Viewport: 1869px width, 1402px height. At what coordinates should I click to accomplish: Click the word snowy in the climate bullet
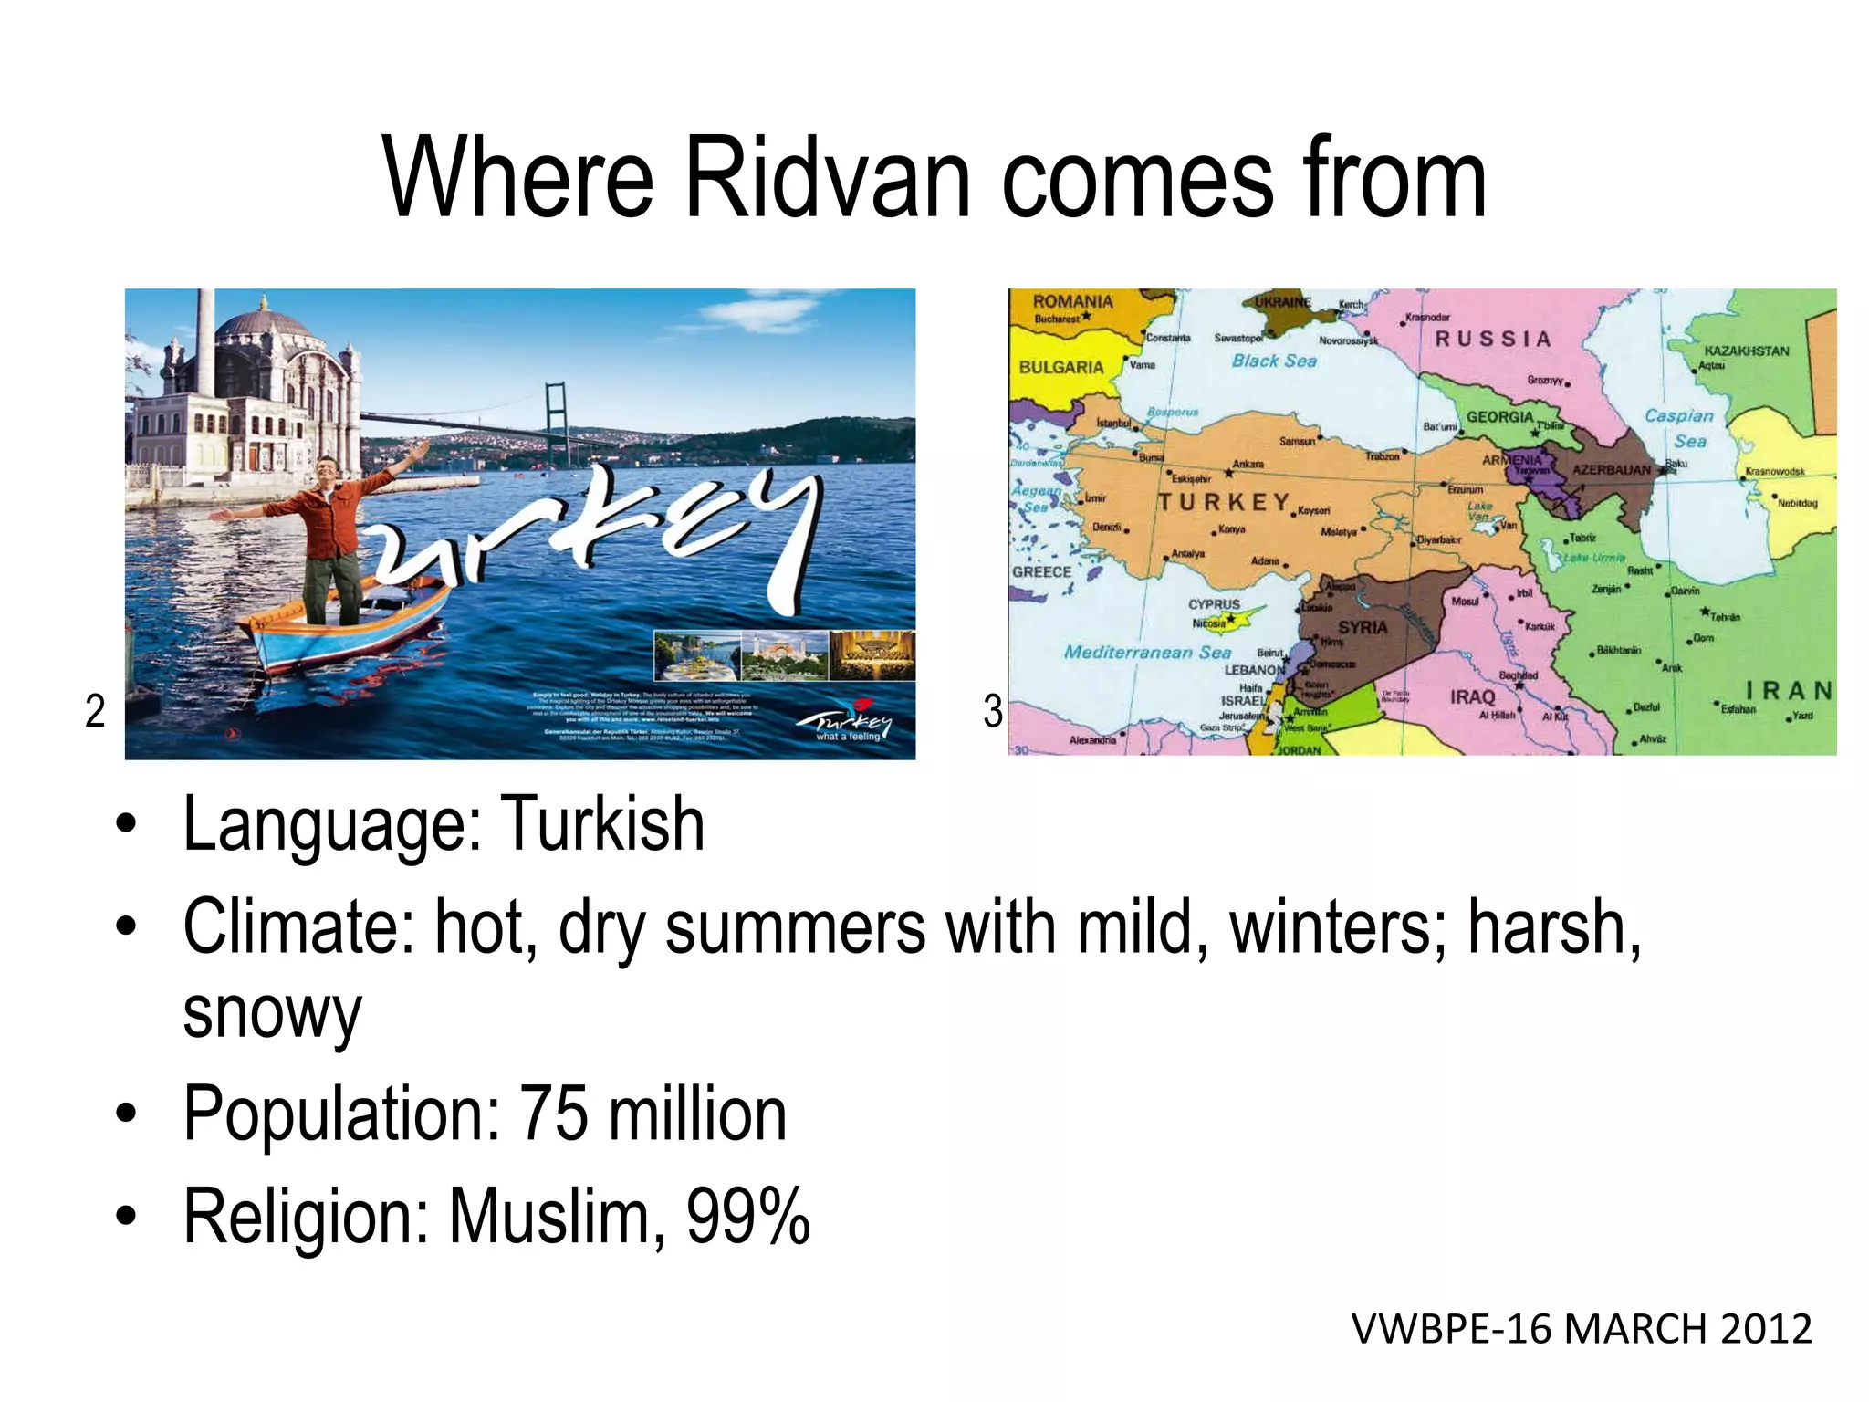272,1013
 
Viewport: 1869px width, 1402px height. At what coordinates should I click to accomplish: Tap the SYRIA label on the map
1363,628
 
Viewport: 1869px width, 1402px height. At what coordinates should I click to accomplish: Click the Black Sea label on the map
1274,361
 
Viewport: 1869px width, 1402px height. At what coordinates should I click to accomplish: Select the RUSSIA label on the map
1493,340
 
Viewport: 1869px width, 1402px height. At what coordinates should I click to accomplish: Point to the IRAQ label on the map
1473,697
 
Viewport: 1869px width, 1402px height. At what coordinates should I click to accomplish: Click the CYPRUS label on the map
1214,604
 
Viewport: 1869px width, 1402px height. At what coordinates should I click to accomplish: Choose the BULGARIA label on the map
1061,367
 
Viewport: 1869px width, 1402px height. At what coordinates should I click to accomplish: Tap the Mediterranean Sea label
1147,653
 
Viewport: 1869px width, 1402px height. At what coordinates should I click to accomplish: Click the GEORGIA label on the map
1499,417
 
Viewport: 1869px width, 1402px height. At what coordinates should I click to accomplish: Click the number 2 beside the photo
95,711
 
